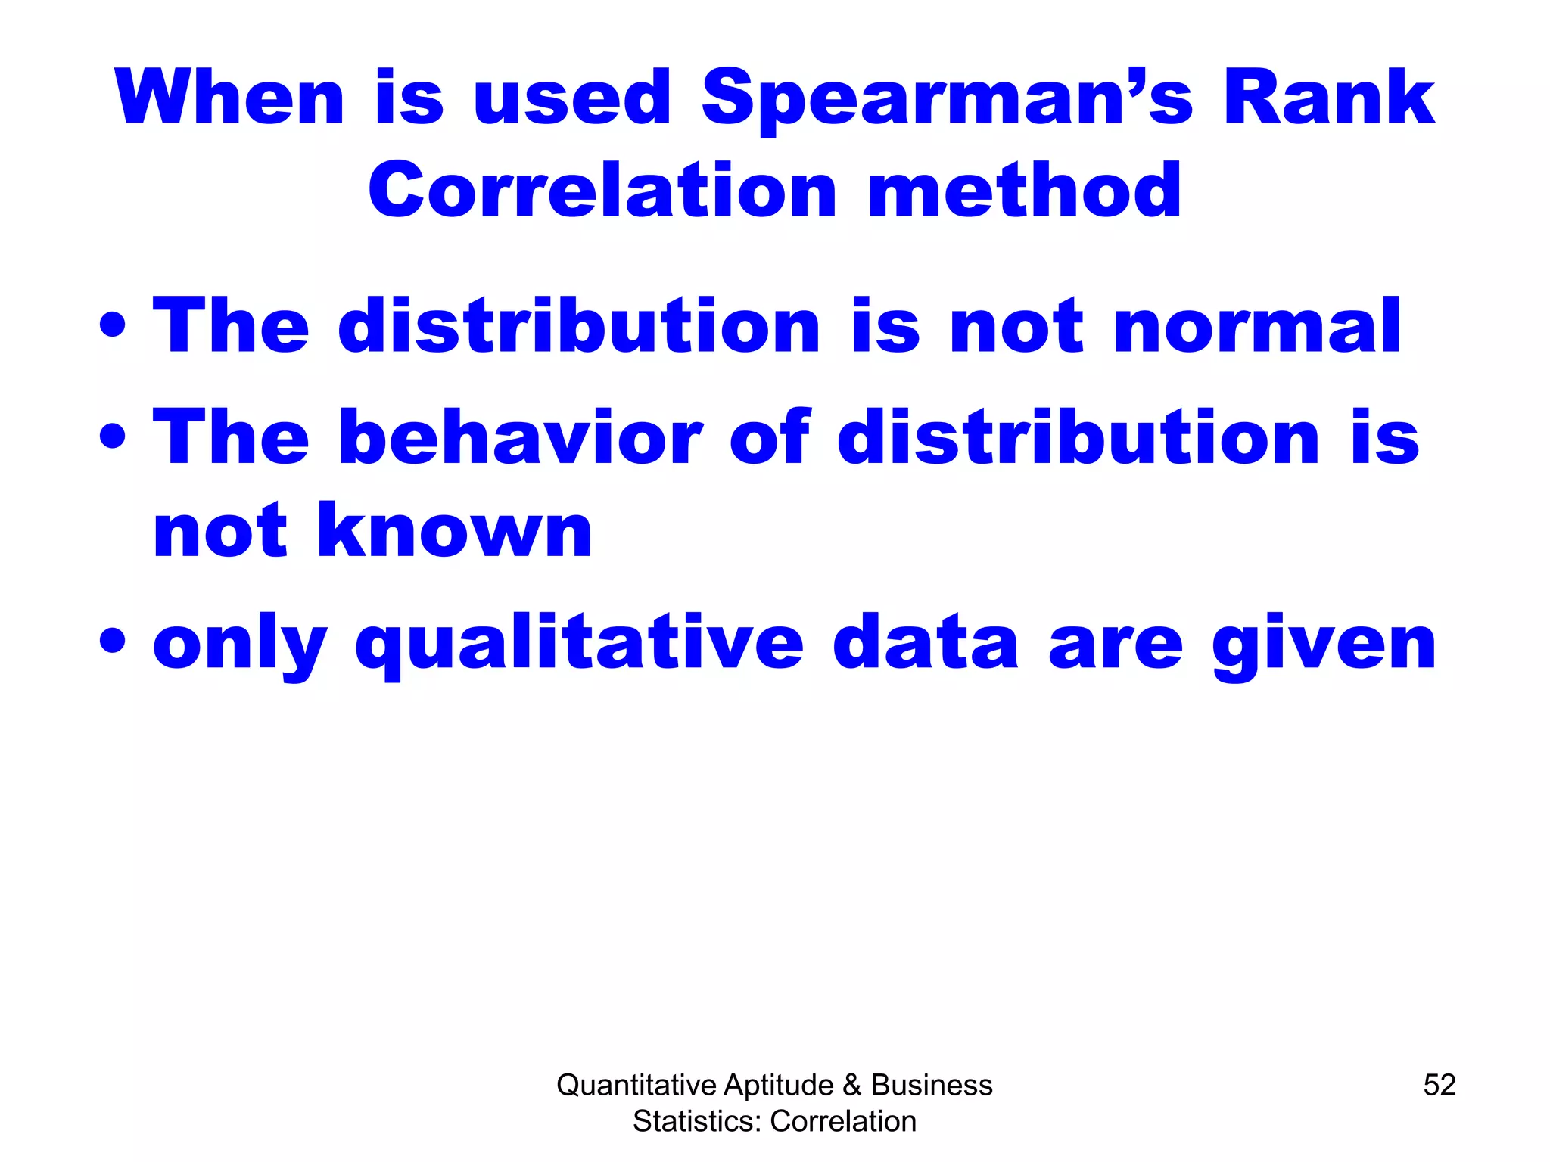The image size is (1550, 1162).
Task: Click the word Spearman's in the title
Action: tap(946, 98)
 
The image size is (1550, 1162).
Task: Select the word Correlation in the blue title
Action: tap(602, 191)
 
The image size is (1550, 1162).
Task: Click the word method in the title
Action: tap(1025, 191)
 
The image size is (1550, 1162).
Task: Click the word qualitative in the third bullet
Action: tap(580, 645)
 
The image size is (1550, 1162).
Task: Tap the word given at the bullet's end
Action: tap(1324, 645)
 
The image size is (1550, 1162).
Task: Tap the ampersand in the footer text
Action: tap(852, 1085)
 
